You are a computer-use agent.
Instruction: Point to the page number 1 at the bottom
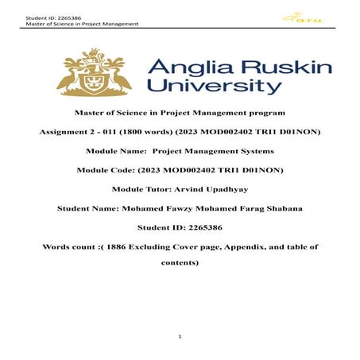click(x=180, y=338)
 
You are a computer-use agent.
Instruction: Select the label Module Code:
click(x=104, y=170)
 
